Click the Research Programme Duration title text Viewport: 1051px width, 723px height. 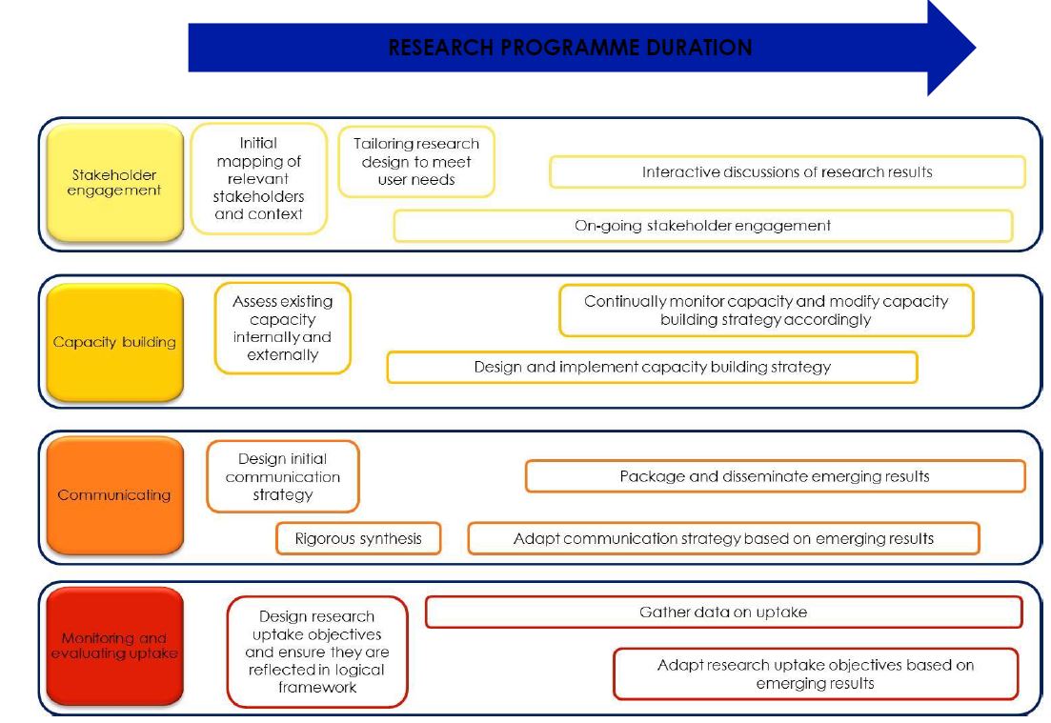571,48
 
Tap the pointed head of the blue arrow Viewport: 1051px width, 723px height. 975,48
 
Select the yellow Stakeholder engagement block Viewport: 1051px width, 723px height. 114,183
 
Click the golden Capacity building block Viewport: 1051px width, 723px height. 114,342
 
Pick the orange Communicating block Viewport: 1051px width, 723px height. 114,495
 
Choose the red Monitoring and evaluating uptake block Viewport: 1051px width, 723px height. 114,646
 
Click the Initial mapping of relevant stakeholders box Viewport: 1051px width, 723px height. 259,178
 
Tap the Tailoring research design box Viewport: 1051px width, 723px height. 416,162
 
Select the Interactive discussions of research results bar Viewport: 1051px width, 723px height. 788,172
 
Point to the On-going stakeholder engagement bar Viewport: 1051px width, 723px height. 703,226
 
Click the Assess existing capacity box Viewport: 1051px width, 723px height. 283,329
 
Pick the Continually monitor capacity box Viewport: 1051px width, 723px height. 766,311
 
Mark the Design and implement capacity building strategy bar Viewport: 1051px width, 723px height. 652,367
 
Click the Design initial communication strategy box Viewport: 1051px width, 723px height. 283,476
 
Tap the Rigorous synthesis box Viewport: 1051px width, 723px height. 358,539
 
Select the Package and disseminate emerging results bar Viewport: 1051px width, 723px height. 776,476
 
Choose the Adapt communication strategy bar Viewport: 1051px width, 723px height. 724,539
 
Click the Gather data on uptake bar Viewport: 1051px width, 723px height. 724,613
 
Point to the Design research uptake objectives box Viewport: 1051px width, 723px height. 317,652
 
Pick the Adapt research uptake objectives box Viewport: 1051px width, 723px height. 816,674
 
